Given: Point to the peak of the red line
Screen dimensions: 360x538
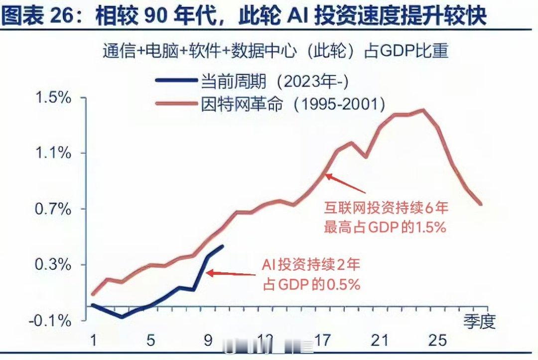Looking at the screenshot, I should tap(423, 110).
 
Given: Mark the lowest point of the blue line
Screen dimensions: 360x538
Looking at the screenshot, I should tap(122, 317).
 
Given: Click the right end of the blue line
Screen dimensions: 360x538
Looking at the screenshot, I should tap(222, 246).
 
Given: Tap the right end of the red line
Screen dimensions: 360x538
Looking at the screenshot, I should tap(481, 204).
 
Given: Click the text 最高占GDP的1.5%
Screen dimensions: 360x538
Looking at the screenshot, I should tap(384, 227).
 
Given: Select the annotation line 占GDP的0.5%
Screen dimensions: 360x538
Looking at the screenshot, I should tap(311, 284).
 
